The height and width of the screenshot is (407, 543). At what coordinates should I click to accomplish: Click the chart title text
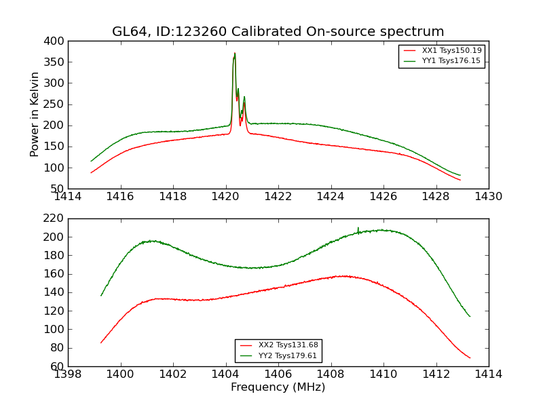pyautogui.click(x=278, y=32)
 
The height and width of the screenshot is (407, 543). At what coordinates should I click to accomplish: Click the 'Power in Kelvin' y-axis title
pyautogui.click(x=35, y=115)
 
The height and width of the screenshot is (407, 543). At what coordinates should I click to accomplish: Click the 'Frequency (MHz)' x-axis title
pyautogui.click(x=278, y=387)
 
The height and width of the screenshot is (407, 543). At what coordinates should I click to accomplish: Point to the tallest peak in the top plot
pyautogui.click(x=235, y=54)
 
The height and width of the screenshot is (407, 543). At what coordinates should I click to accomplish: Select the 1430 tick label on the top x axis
pyautogui.click(x=488, y=196)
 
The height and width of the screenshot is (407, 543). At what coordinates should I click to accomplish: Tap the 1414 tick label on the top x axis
pyautogui.click(x=69, y=196)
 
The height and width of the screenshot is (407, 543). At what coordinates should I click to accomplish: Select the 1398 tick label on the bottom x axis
pyautogui.click(x=69, y=374)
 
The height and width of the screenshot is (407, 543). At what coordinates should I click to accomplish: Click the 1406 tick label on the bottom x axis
pyautogui.click(x=278, y=374)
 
